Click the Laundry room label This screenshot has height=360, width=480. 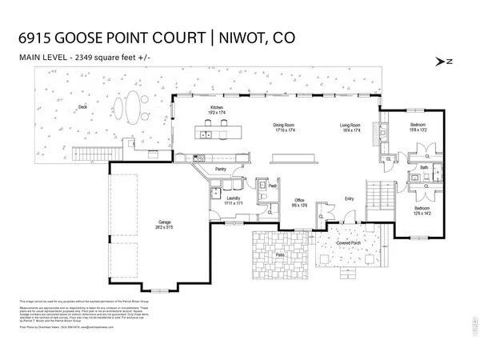coord(233,198)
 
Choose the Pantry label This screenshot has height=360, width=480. coord(223,170)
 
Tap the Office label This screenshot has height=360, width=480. coord(299,200)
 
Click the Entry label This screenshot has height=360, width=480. coord(349,198)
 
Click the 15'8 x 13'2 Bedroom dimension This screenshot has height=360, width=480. coord(418,130)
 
